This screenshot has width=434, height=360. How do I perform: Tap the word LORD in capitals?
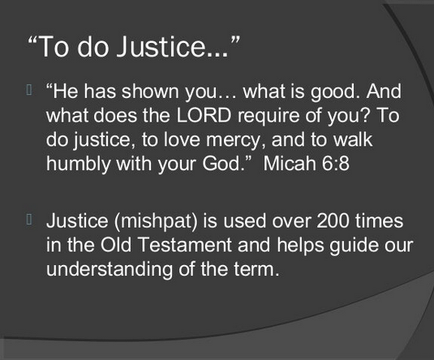pyautogui.click(x=204, y=115)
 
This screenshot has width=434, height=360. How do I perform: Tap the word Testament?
pyautogui.click(x=185, y=245)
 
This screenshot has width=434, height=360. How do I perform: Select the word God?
pyautogui.click(x=226, y=163)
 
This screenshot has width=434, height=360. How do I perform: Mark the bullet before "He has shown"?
pyautogui.click(x=29, y=90)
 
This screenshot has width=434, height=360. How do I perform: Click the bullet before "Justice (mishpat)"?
pyautogui.click(x=29, y=220)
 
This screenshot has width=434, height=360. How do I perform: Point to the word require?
pyautogui.click(x=269, y=117)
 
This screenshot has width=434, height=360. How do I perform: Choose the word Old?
pyautogui.click(x=116, y=245)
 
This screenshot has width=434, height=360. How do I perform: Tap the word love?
pyautogui.click(x=182, y=139)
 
